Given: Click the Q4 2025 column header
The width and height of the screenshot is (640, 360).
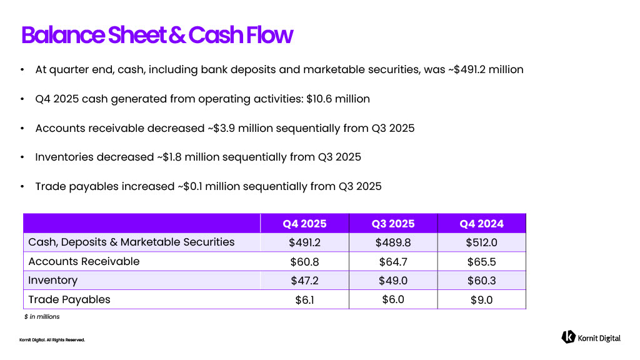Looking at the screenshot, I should tap(304, 224).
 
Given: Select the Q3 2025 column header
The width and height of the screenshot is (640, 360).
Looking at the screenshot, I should tap(393, 224).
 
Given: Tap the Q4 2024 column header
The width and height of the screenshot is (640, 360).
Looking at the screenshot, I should tap(481, 224).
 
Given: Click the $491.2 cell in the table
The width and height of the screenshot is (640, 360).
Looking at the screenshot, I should tap(304, 242).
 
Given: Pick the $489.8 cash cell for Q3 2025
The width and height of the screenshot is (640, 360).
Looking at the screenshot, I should tap(393, 242).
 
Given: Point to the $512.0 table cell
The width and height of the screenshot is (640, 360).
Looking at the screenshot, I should tap(481, 242).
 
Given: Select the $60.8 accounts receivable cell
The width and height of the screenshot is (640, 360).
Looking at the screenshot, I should tap(304, 262).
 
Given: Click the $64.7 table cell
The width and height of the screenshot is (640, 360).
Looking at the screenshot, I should tap(393, 262).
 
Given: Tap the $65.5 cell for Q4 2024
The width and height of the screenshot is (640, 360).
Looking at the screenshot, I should tap(481, 262).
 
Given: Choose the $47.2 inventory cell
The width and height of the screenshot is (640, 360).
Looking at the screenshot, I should tap(304, 281).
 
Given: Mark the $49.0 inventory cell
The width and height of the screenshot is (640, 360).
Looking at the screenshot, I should tap(393, 281).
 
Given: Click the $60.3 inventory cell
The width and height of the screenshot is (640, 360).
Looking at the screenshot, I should tap(481, 281).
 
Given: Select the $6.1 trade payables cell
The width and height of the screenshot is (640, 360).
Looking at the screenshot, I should tap(304, 300).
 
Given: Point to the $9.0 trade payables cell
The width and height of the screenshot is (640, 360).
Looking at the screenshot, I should tap(481, 300).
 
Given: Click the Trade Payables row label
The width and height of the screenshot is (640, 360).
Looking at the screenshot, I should tap(69, 300).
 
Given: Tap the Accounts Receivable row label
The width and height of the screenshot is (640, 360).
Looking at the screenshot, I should tap(84, 261).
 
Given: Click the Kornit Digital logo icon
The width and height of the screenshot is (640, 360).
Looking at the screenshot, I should tap(568, 337).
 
